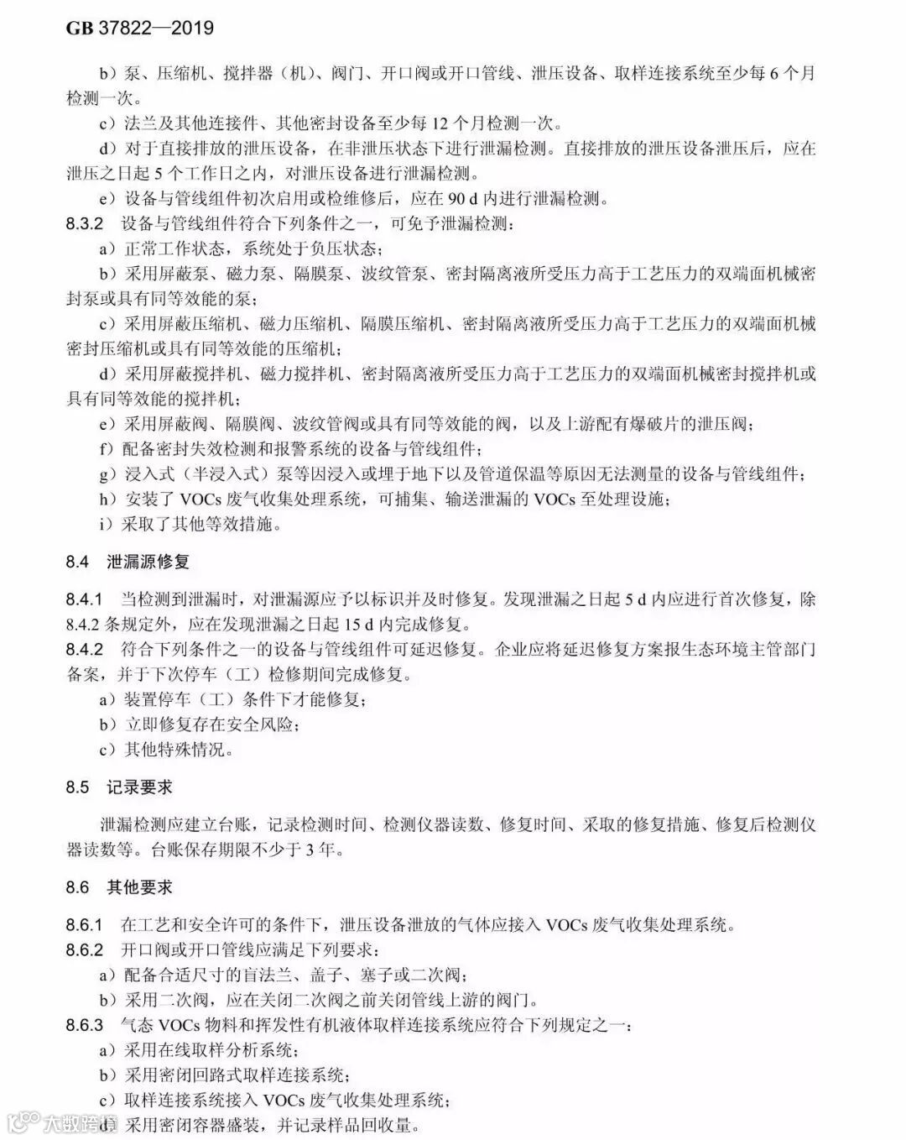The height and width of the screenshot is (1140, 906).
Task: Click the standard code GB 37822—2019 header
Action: point(140,29)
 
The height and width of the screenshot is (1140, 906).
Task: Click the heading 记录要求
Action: point(139,787)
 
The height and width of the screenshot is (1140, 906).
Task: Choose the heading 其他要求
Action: point(139,887)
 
